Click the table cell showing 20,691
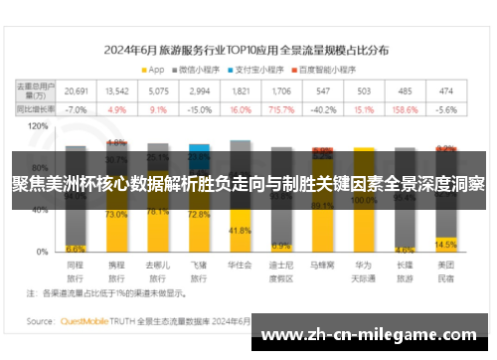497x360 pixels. pos(77,90)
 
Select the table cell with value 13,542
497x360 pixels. pos(117,90)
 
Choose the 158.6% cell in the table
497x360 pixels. pos(405,109)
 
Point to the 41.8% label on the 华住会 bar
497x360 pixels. pos(240,231)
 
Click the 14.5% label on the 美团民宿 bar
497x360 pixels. pos(445,244)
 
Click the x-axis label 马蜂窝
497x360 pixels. pos(322,267)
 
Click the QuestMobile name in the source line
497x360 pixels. pos(83,321)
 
